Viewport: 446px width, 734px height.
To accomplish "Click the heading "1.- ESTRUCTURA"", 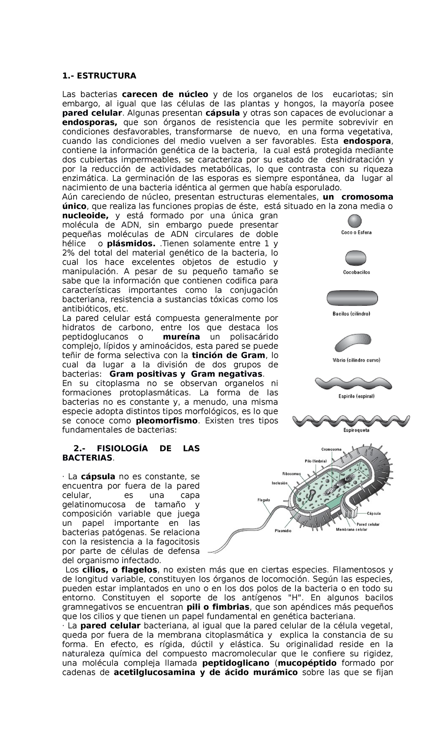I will (x=99, y=76).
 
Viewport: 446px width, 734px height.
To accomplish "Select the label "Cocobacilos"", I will (x=356, y=272).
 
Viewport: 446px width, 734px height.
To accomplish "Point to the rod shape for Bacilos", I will (x=352, y=298).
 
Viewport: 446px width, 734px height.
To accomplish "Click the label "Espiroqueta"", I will (x=356, y=431).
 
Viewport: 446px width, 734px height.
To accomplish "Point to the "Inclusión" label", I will (x=279, y=483).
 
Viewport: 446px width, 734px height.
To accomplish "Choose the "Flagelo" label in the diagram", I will (x=264, y=500).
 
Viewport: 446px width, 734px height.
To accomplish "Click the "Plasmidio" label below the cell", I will (x=283, y=531).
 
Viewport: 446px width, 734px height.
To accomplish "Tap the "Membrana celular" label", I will (x=351, y=529).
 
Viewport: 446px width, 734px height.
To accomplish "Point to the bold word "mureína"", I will (x=181, y=337).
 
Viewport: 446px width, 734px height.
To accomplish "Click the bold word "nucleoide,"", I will (x=86, y=216).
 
